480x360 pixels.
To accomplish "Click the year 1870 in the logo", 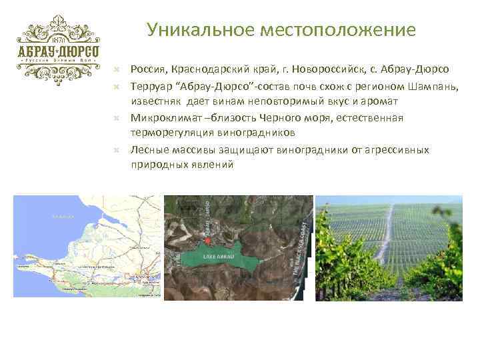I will pyautogui.click(x=58, y=39).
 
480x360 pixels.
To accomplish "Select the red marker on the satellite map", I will pyautogui.click(x=207, y=240).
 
